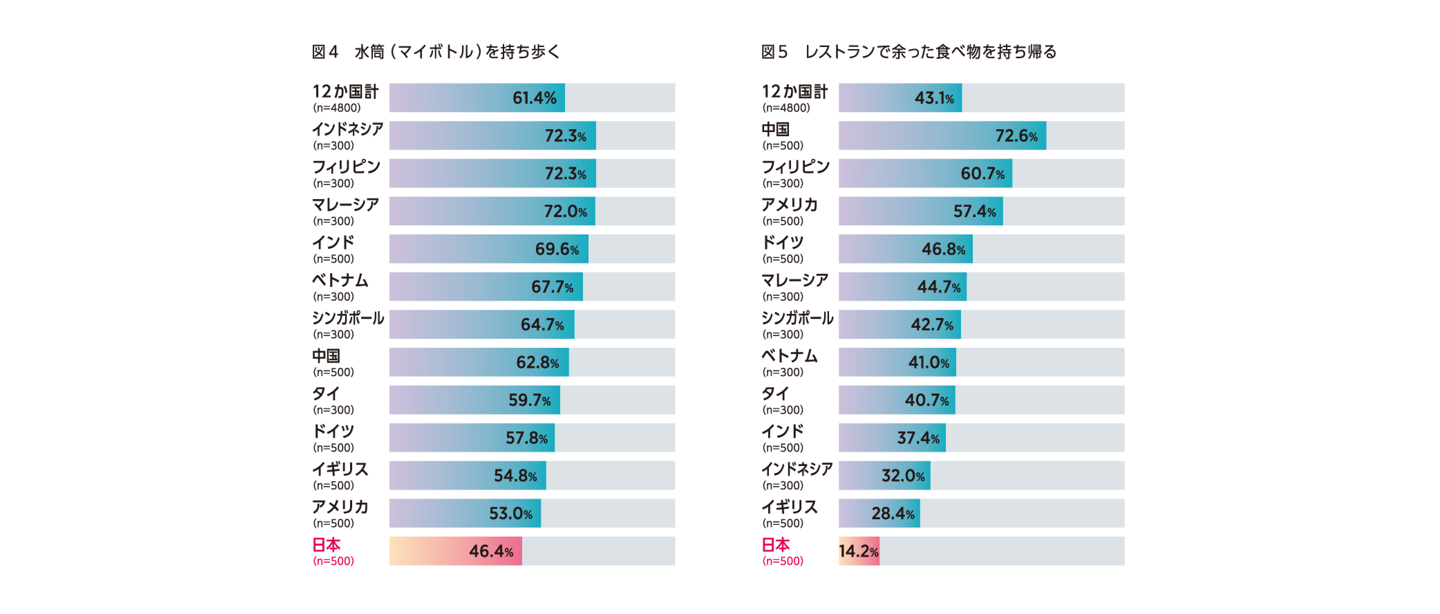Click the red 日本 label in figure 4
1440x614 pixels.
327,544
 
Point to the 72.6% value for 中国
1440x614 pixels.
1016,136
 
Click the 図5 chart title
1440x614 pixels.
909,52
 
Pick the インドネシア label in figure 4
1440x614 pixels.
348,129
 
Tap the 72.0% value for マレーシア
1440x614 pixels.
565,211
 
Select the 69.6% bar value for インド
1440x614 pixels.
557,249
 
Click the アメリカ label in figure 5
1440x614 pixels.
789,205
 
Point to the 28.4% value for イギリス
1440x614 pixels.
893,513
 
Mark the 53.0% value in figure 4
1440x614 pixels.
510,513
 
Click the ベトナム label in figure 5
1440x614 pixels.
789,356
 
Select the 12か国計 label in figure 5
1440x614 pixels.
794,91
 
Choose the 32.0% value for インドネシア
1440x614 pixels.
903,476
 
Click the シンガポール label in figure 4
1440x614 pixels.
348,318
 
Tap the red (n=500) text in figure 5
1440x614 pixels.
783,561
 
